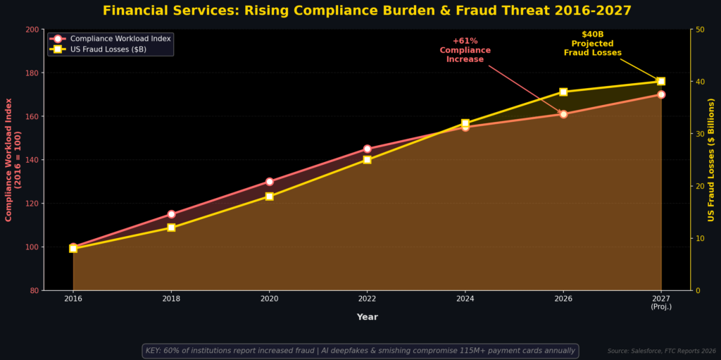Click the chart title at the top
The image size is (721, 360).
tap(367, 10)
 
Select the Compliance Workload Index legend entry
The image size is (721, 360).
tap(110, 39)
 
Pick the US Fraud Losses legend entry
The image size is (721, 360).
tap(98, 49)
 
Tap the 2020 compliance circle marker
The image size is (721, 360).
tap(270, 181)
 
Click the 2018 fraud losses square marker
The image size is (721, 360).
tap(171, 228)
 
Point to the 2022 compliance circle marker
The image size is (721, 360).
tap(367, 149)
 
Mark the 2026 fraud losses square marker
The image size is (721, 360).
tap(563, 92)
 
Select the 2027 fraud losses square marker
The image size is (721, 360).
tap(661, 81)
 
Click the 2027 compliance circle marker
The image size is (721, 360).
tap(661, 94)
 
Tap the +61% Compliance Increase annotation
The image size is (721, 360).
tap(465, 50)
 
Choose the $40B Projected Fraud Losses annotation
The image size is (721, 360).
tap(593, 44)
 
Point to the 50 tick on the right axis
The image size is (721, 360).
tap(701, 30)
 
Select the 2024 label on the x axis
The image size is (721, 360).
tap(465, 298)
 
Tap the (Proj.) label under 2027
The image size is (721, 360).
tap(661, 306)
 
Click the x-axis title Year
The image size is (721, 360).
tap(368, 317)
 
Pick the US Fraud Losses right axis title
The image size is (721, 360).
tap(711, 160)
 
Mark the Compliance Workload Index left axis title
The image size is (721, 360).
tap(13, 160)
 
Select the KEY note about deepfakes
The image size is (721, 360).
tap(360, 350)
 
